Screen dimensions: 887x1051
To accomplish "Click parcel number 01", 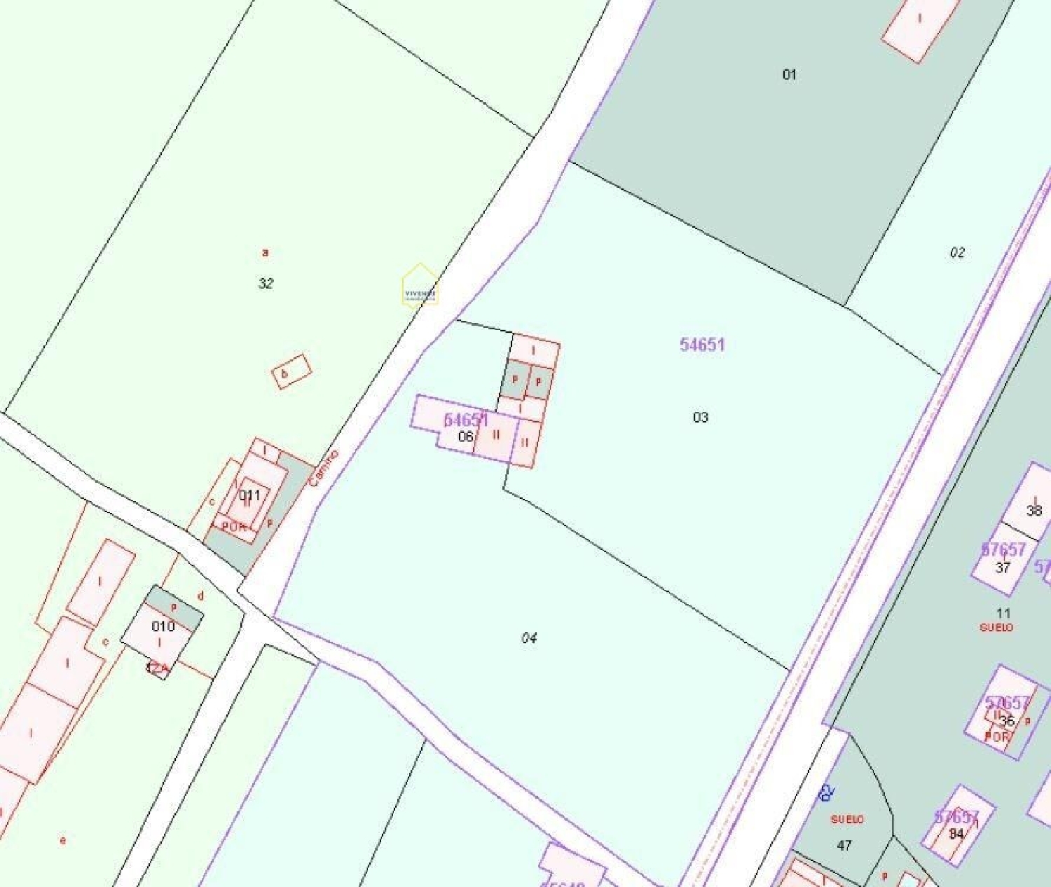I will (x=789, y=74).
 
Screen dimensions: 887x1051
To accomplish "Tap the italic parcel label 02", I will (x=957, y=252).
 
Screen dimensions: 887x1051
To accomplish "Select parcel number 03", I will (x=700, y=418).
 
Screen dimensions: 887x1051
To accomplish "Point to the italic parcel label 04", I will (x=529, y=638).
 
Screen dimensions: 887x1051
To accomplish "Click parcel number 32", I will (x=266, y=284).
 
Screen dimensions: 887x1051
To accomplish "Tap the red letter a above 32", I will (x=265, y=252).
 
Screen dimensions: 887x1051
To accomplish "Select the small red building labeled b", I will (x=291, y=371).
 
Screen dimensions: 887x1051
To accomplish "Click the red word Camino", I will (x=323, y=468).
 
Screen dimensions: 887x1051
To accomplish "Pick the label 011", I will (x=249, y=495).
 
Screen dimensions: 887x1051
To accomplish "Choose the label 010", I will (x=163, y=626).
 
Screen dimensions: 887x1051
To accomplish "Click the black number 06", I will (x=465, y=436).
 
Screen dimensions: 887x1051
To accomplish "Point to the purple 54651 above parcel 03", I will (x=702, y=345).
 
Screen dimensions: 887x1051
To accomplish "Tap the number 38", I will (x=1034, y=511).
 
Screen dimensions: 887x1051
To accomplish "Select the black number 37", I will (x=1003, y=568).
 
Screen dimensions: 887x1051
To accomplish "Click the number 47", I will (x=844, y=846).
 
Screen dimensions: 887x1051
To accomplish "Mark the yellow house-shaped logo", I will (x=420, y=286).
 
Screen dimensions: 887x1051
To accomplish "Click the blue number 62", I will (x=827, y=794).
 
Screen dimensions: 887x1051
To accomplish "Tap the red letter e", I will (x=63, y=840).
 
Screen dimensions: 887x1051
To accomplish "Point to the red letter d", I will (x=200, y=596).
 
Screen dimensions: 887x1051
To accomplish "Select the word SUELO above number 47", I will (x=847, y=819).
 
